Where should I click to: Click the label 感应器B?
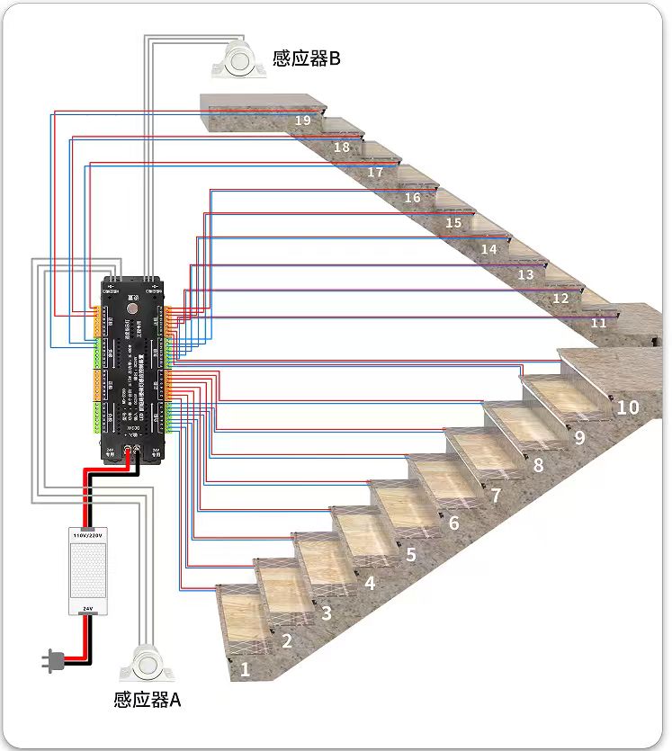pyautogui.click(x=306, y=59)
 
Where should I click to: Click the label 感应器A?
pyautogui.click(x=148, y=699)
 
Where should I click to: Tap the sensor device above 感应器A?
pyautogui.click(x=147, y=663)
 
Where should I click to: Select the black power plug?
pyautogui.click(x=50, y=663)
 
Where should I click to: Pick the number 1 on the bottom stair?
pyautogui.click(x=244, y=669)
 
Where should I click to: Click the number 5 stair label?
pyautogui.click(x=410, y=554)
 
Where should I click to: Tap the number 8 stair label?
pyautogui.click(x=538, y=465)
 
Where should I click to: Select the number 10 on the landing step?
pyautogui.click(x=627, y=407)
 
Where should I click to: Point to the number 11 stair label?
pyautogui.click(x=598, y=322)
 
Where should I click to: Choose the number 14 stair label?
pyautogui.click(x=488, y=249)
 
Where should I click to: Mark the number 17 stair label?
pyautogui.click(x=375, y=172)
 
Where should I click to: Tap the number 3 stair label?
pyautogui.click(x=327, y=612)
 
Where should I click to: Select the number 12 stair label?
pyautogui.click(x=560, y=299)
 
